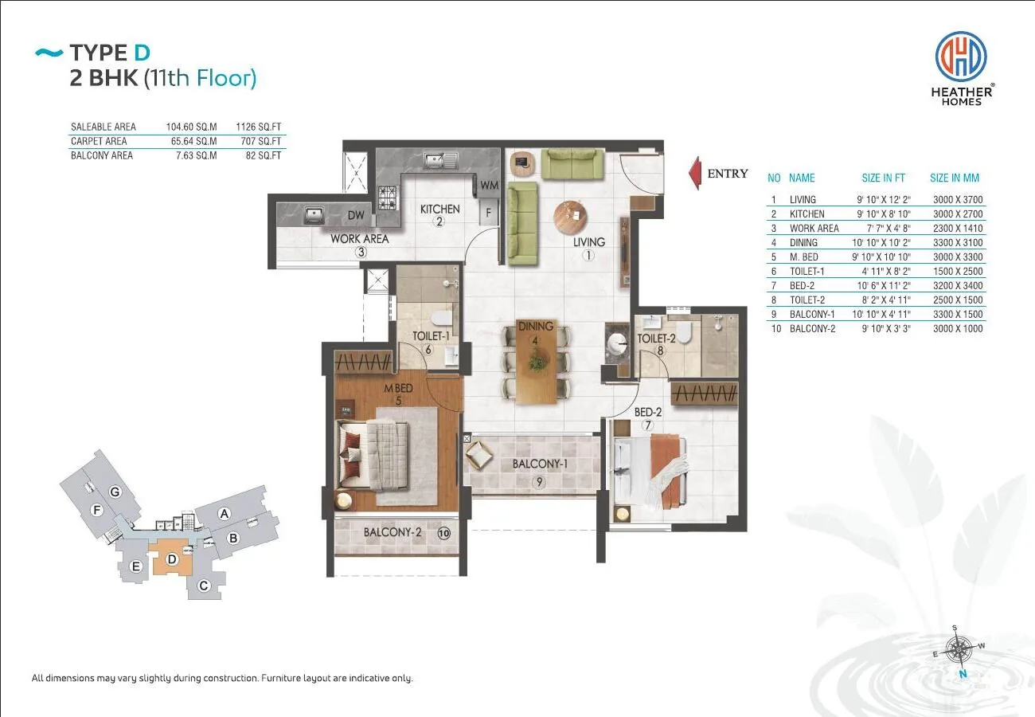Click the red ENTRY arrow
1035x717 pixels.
click(x=695, y=174)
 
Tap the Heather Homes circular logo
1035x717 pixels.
click(x=961, y=57)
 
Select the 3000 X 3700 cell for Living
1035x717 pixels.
click(x=958, y=200)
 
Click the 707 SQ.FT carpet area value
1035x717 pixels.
click(x=261, y=141)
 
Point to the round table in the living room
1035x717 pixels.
click(x=571, y=217)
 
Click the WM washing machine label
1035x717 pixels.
click(x=490, y=186)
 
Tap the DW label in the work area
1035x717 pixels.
click(x=356, y=215)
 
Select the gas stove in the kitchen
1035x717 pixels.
click(x=388, y=198)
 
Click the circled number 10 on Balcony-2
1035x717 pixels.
click(x=443, y=534)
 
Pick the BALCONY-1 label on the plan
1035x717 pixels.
click(x=540, y=464)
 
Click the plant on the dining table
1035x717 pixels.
click(x=537, y=359)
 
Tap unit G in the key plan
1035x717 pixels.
click(x=115, y=492)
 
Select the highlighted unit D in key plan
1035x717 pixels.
click(x=170, y=558)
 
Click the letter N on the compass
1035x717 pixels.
click(x=963, y=674)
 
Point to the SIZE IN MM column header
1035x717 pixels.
click(x=955, y=178)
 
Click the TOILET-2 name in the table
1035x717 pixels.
click(x=807, y=300)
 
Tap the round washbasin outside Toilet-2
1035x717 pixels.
click(x=616, y=344)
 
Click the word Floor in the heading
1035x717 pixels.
click(x=226, y=78)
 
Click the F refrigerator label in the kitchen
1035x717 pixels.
click(x=488, y=213)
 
